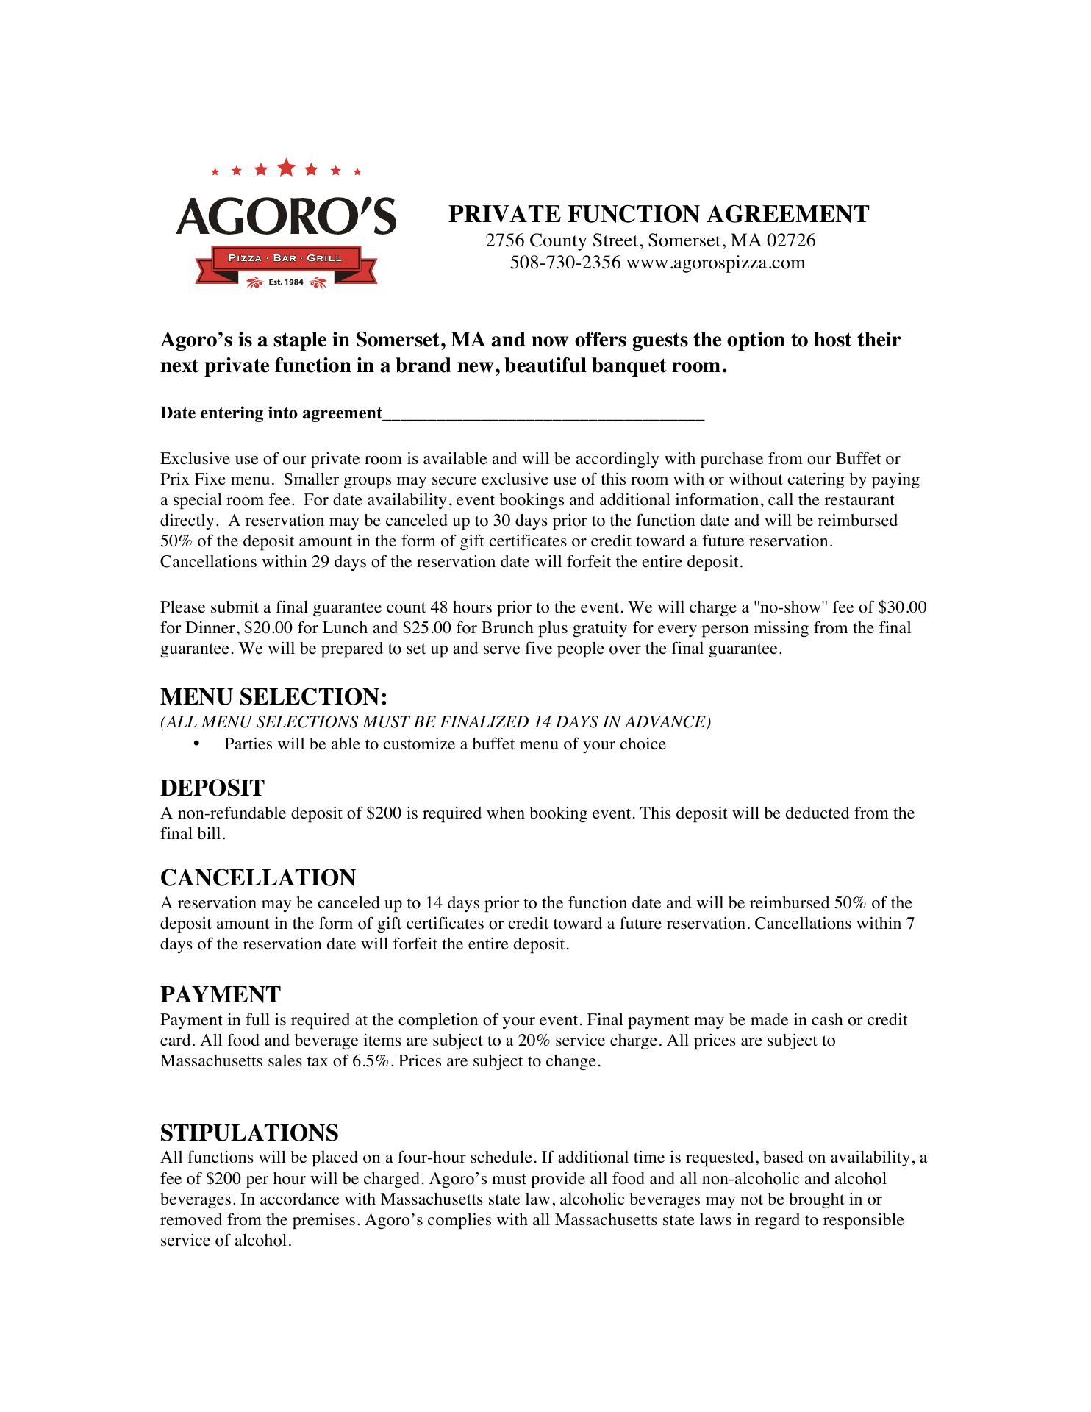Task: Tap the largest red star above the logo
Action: click(x=286, y=168)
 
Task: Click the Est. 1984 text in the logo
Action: click(x=287, y=282)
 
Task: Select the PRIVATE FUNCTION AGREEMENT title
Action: click(x=659, y=214)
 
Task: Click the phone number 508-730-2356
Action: click(x=565, y=263)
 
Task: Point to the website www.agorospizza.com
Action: click(x=715, y=263)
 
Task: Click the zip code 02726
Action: click(x=791, y=240)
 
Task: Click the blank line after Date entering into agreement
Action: click(x=543, y=415)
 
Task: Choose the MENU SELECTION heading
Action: click(x=273, y=696)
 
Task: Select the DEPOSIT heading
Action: click(x=212, y=788)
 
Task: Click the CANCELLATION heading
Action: click(x=258, y=877)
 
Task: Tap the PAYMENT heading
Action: click(x=221, y=994)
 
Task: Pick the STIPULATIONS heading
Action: click(x=249, y=1132)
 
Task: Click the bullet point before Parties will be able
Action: click(x=196, y=744)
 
